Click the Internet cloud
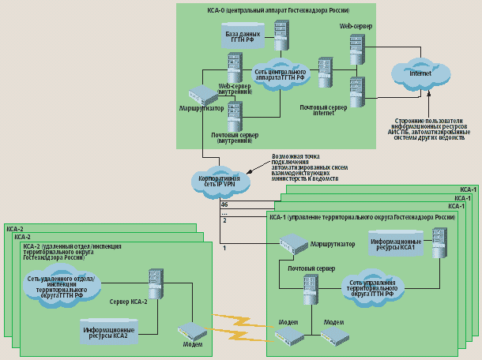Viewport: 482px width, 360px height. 419,73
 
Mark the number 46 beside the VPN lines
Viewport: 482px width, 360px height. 224,205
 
